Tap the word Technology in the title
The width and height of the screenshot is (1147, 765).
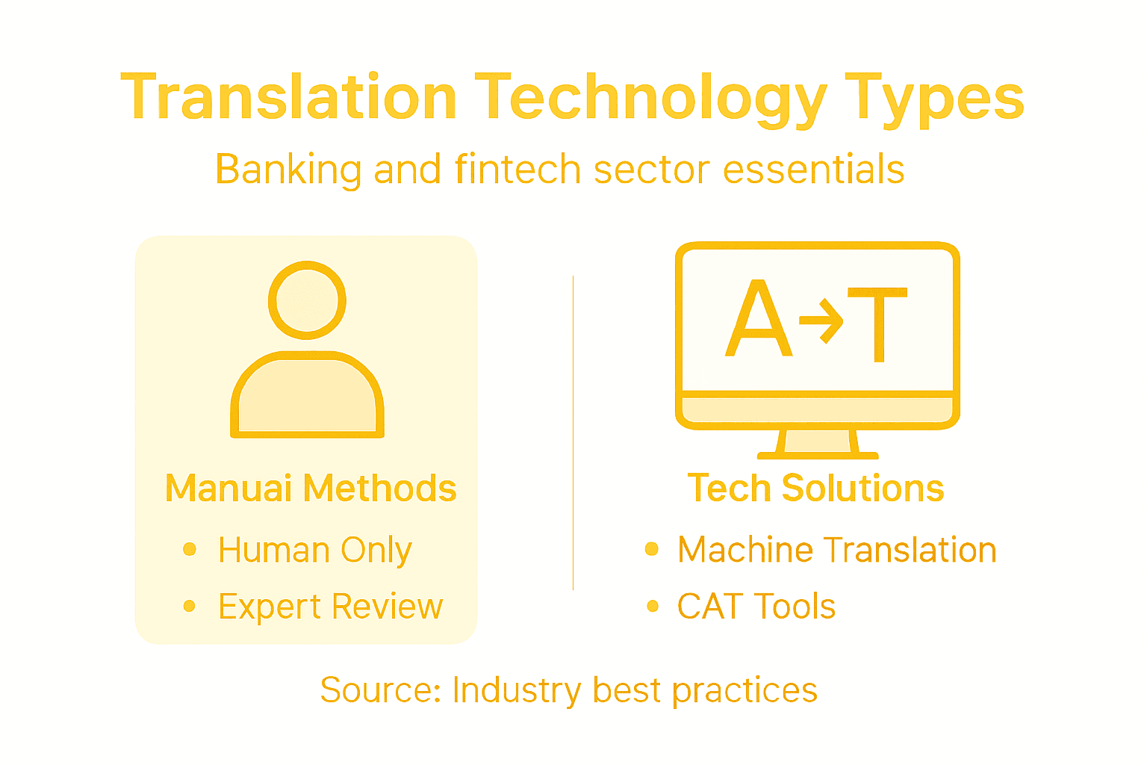(x=650, y=98)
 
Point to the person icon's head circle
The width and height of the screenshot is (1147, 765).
(x=307, y=300)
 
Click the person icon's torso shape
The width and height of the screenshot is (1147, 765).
(x=307, y=396)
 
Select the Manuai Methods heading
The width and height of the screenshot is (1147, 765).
(x=310, y=489)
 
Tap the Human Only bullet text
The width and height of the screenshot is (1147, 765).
(x=314, y=551)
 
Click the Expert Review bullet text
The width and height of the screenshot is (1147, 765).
(x=330, y=607)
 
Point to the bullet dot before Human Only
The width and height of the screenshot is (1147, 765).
(x=190, y=550)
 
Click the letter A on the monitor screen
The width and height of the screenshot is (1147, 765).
(x=758, y=320)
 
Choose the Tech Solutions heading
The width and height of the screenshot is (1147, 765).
(x=815, y=489)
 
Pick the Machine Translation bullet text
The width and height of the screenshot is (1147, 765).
(x=836, y=551)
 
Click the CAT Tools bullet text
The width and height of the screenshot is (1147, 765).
(x=756, y=607)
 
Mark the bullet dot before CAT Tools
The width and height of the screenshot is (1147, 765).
(x=653, y=606)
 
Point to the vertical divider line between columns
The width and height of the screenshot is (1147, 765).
(x=573, y=433)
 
